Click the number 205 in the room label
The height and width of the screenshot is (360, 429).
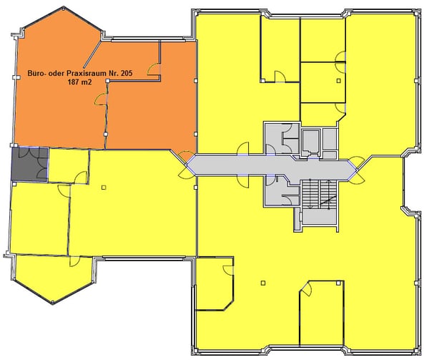coord(126,74)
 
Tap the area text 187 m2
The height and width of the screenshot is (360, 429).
coord(80,82)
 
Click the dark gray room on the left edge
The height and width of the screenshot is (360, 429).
coord(29,164)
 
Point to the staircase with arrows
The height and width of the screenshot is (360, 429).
coord(320,194)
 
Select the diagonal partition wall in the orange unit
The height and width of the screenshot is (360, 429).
coord(92,54)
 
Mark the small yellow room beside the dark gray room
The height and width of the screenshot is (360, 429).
coord(69,165)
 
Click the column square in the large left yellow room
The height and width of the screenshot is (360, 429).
coord(104,188)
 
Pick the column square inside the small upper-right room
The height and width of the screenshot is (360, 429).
coord(339,81)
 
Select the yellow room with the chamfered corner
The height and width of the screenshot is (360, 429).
coord(214,283)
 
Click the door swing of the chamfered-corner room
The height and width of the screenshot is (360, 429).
coord(228,270)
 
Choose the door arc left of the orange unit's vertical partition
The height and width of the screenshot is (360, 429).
coord(100,99)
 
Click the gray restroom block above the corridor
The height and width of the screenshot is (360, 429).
coord(282,137)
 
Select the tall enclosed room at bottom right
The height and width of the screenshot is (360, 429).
coord(322,313)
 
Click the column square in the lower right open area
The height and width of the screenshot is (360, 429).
coord(263,283)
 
